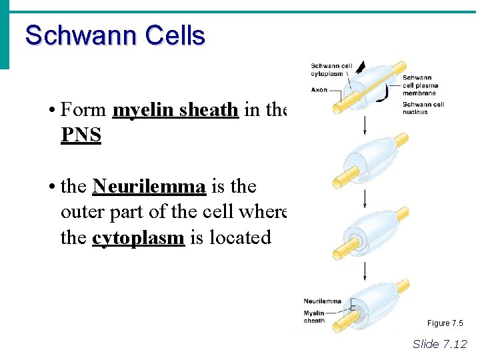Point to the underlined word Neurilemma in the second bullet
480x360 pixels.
[x=149, y=186]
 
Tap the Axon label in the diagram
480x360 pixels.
[x=319, y=89]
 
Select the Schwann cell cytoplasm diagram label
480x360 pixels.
[x=331, y=70]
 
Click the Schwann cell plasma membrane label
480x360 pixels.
[x=420, y=85]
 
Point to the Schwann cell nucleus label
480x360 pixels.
[x=423, y=108]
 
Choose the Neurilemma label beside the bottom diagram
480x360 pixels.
[x=322, y=301]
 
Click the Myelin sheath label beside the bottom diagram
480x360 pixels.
[x=315, y=317]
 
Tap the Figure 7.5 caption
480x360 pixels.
[x=445, y=323]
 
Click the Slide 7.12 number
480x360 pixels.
[x=440, y=344]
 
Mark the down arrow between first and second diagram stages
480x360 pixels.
[x=365, y=125]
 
